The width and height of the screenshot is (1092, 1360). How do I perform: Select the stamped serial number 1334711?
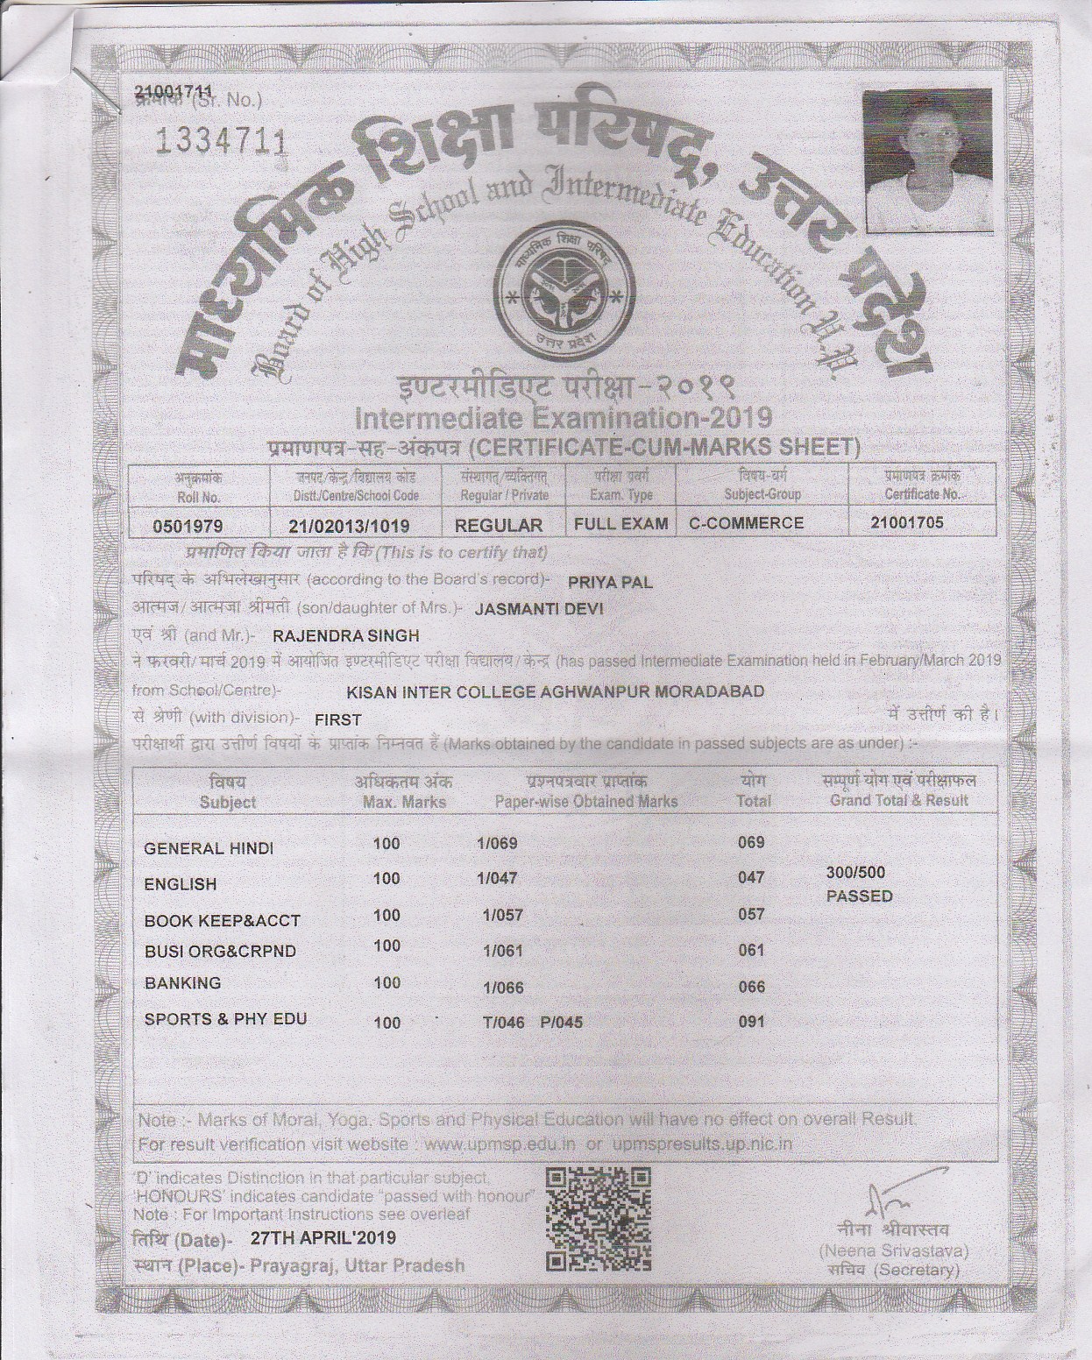(x=220, y=142)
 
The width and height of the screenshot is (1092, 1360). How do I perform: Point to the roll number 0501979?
(x=188, y=527)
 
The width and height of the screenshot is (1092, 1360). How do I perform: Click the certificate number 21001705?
(x=907, y=523)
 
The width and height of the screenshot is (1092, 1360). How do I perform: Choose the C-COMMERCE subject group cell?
(x=746, y=523)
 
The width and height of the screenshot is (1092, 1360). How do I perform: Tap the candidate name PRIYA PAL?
(x=610, y=582)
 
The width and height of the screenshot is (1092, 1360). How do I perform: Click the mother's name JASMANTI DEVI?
(x=539, y=608)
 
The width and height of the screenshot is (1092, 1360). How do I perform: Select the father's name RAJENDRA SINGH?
(x=346, y=635)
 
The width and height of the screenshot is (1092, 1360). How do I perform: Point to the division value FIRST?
(x=338, y=719)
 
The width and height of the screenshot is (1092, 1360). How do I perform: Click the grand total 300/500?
(x=855, y=872)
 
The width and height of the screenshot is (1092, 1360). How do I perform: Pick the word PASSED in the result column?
(x=859, y=896)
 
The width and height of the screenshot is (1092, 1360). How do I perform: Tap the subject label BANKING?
(x=182, y=983)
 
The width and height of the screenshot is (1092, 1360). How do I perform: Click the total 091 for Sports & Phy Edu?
(x=751, y=1021)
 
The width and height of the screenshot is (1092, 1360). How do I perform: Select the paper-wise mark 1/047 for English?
(x=497, y=878)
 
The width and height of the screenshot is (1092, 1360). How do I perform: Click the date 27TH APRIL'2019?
(x=323, y=1238)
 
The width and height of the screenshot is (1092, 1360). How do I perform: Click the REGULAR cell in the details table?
(x=499, y=526)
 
